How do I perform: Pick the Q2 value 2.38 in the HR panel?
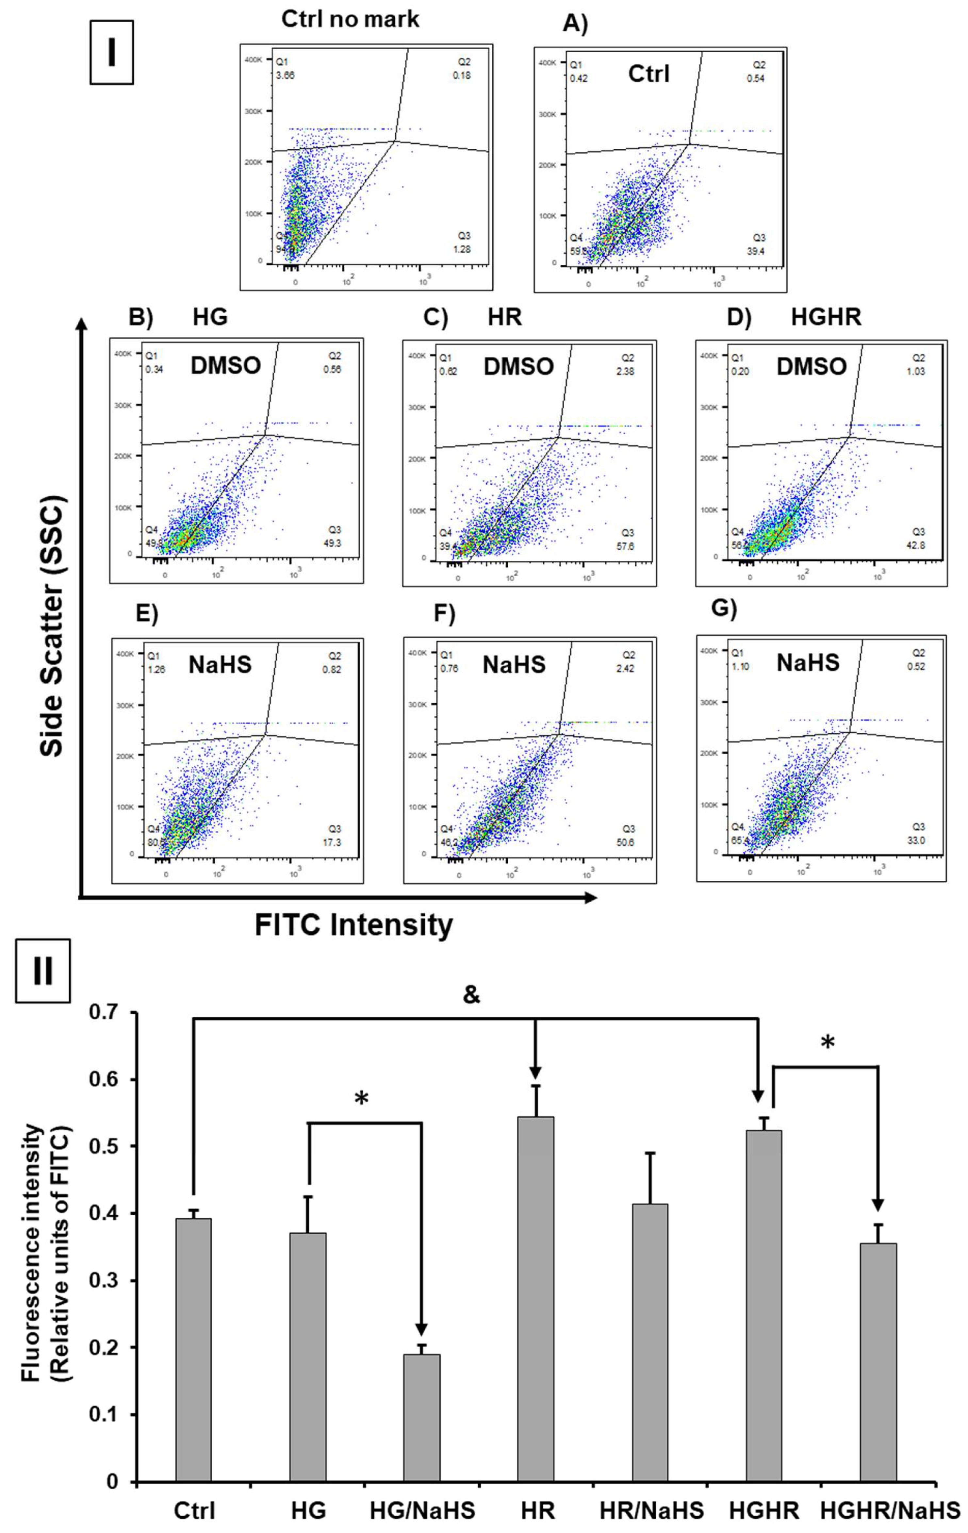[x=628, y=371]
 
